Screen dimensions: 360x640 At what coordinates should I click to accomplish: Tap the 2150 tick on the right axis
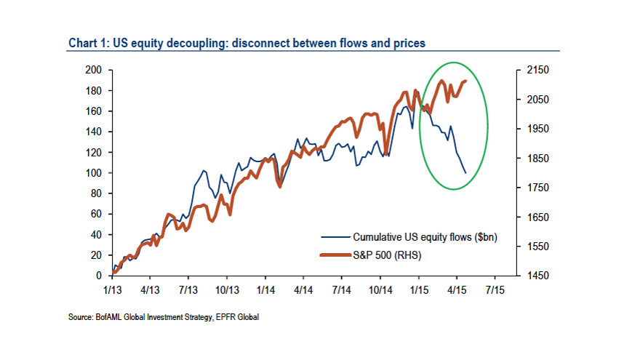[528, 70]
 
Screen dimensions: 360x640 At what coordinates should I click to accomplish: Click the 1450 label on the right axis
[528, 276]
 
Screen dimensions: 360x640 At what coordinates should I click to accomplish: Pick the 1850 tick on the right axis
[528, 159]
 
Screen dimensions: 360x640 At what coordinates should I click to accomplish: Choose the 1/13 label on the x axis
[112, 289]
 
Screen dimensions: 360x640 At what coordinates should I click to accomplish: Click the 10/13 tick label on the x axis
[227, 289]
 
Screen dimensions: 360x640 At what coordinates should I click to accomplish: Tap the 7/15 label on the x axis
[495, 289]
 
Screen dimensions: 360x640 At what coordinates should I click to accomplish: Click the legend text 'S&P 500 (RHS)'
[387, 255]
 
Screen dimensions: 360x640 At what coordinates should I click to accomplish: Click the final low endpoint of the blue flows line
[465, 173]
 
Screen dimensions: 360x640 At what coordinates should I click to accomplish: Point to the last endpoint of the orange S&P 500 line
[465, 81]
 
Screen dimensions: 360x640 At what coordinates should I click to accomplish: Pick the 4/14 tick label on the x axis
[304, 289]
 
